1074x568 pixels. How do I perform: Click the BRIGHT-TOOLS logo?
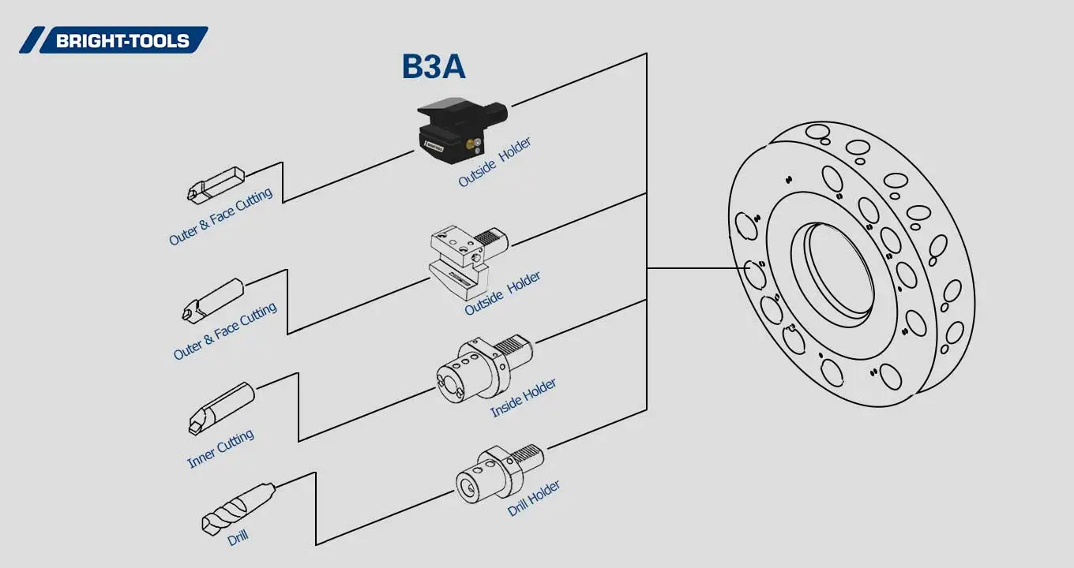click(115, 40)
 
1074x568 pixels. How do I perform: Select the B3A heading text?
click(434, 68)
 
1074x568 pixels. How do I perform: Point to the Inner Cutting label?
click(220, 449)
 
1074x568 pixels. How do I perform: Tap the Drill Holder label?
click(534, 499)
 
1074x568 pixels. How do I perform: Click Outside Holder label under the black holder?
click(494, 163)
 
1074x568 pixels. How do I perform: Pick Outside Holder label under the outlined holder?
click(502, 293)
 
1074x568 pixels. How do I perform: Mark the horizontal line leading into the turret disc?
click(695, 268)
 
